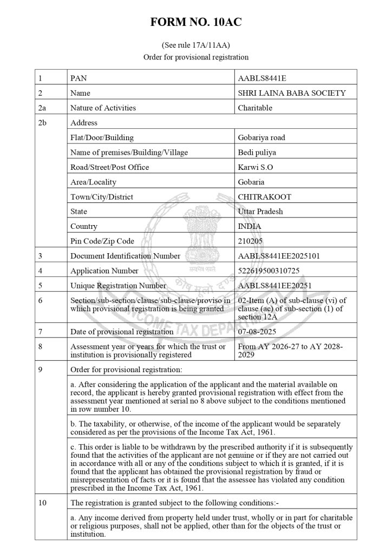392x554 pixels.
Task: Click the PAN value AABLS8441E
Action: click(x=262, y=78)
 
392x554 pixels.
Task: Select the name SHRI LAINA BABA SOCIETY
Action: click(x=291, y=93)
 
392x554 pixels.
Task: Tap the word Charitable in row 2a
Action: click(x=255, y=108)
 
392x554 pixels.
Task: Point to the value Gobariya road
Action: click(x=262, y=137)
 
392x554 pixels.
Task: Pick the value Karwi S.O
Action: click(x=256, y=167)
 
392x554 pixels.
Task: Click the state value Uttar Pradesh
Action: click(x=260, y=212)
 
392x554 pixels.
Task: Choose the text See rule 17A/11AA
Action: click(x=196, y=45)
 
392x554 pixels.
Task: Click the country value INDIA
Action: click(x=250, y=226)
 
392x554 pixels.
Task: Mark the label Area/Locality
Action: click(x=93, y=182)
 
